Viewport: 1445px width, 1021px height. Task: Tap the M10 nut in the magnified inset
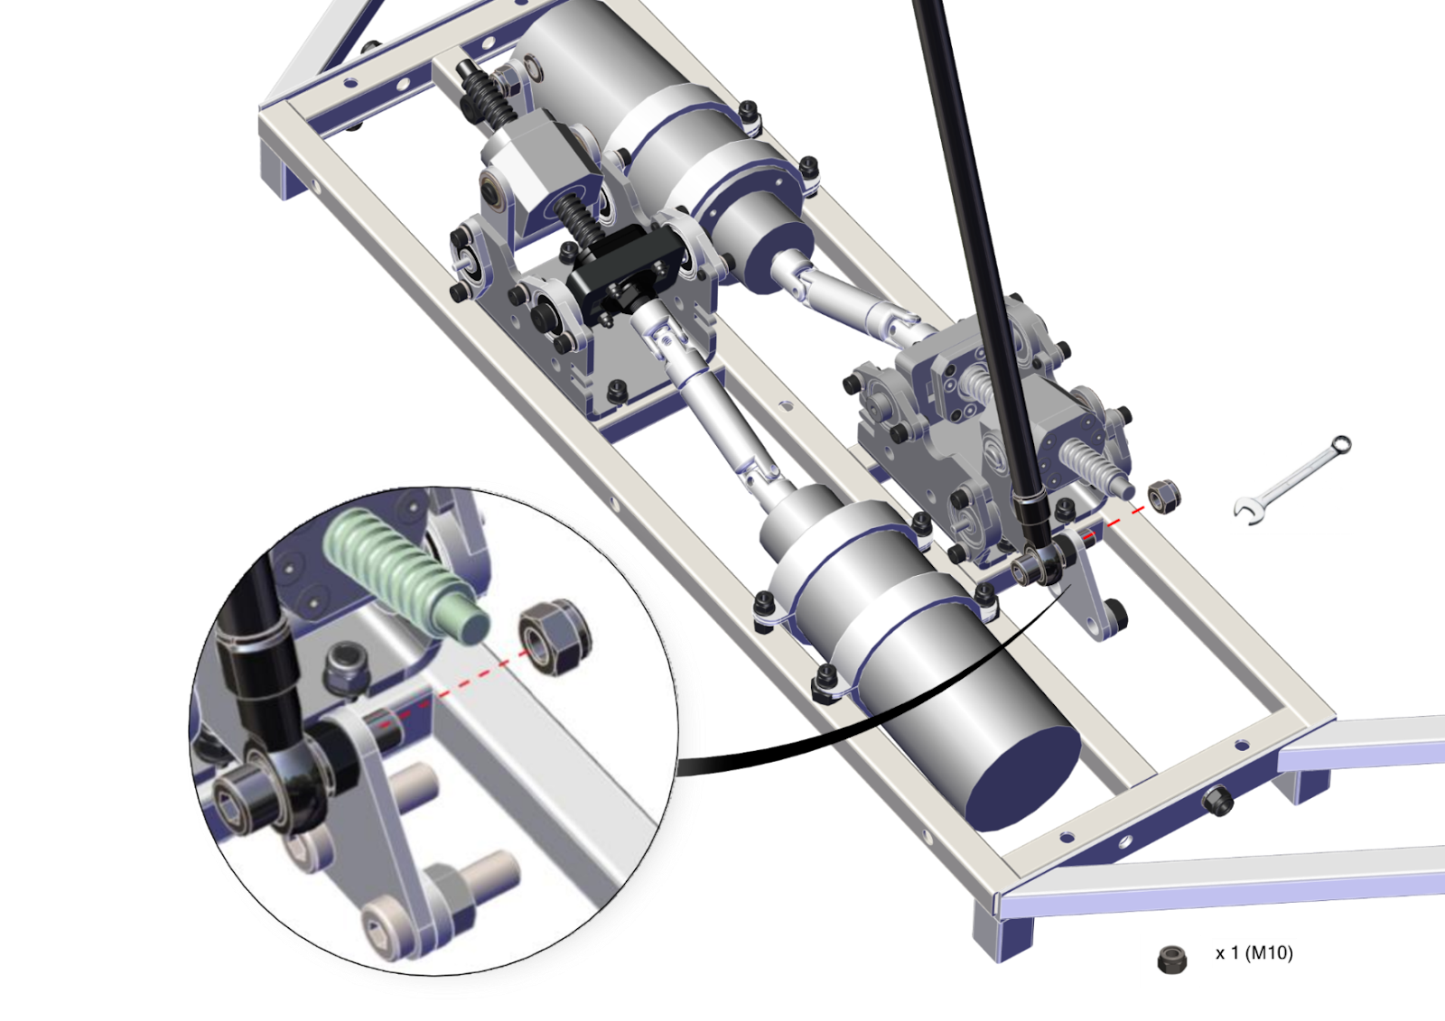click(555, 637)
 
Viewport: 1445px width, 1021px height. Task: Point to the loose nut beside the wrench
click(1165, 497)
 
